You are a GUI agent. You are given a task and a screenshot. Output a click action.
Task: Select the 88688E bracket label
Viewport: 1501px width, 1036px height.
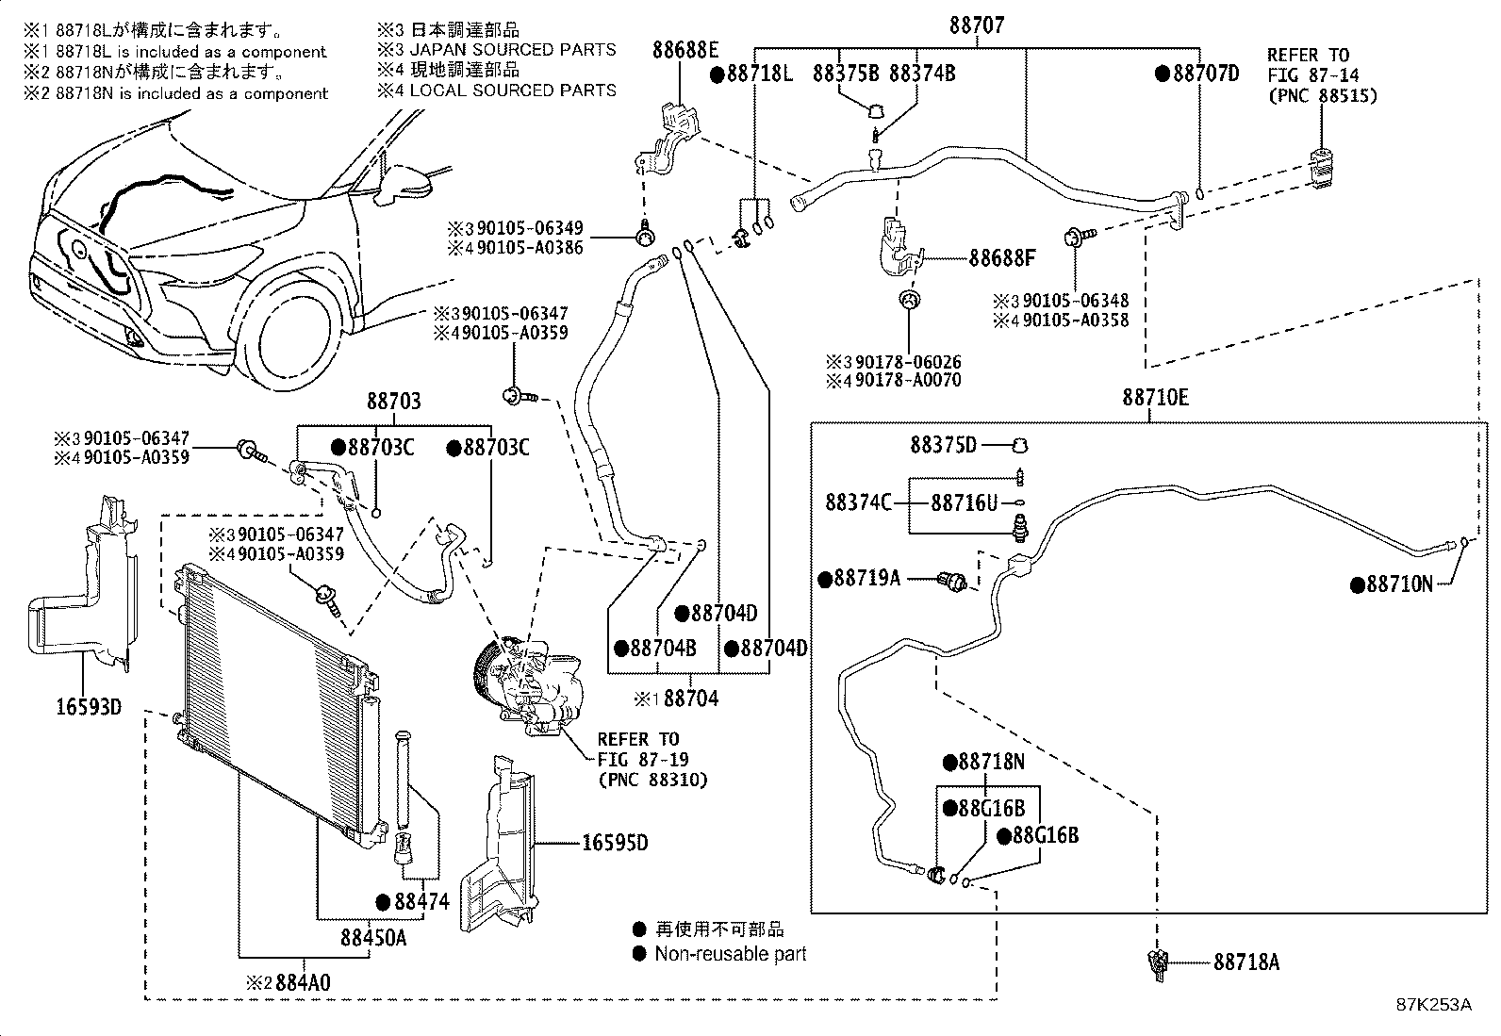coord(685,50)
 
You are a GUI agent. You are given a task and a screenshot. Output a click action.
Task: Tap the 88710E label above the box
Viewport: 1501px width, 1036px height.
coord(1154,398)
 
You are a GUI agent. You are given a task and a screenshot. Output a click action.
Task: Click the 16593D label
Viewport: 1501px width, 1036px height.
coord(86,706)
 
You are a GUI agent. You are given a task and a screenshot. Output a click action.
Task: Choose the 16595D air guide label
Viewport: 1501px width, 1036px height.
coord(613,842)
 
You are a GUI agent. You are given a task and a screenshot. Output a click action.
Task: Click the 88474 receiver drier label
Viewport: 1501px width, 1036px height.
coord(421,902)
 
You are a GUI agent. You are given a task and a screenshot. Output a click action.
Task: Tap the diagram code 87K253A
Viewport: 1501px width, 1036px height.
coord(1433,1005)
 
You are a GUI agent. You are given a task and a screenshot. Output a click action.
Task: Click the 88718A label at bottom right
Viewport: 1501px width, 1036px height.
coord(1246,962)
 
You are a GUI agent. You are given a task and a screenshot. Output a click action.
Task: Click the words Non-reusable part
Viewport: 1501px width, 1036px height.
coord(731,954)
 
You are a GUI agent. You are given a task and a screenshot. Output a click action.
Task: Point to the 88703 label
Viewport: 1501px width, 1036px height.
coord(393,402)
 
